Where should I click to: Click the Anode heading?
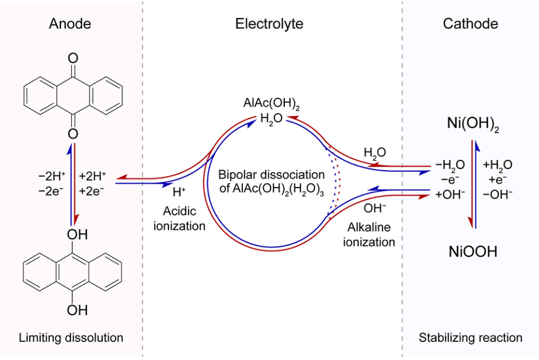pyautogui.click(x=70, y=24)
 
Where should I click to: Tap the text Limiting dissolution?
pyautogui.click(x=71, y=338)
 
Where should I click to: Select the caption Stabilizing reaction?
pyautogui.click(x=470, y=338)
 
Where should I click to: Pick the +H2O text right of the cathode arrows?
pyautogui.click(x=498, y=165)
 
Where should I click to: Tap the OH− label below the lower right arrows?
pyautogui.click(x=375, y=208)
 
